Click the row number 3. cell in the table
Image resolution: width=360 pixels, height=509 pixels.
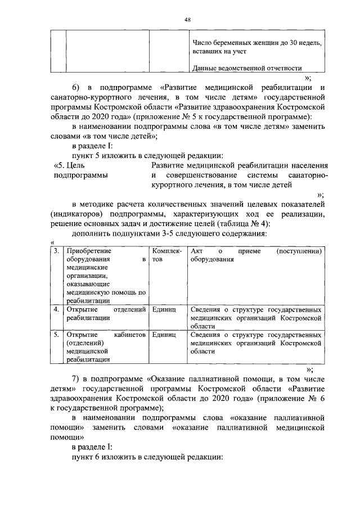56,251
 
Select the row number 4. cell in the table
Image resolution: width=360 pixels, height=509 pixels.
56,310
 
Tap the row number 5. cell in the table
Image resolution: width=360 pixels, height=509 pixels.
56,335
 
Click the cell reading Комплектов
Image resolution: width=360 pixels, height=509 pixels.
164,255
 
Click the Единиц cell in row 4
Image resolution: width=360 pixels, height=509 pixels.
164,310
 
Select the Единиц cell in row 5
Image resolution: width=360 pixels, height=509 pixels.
164,335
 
